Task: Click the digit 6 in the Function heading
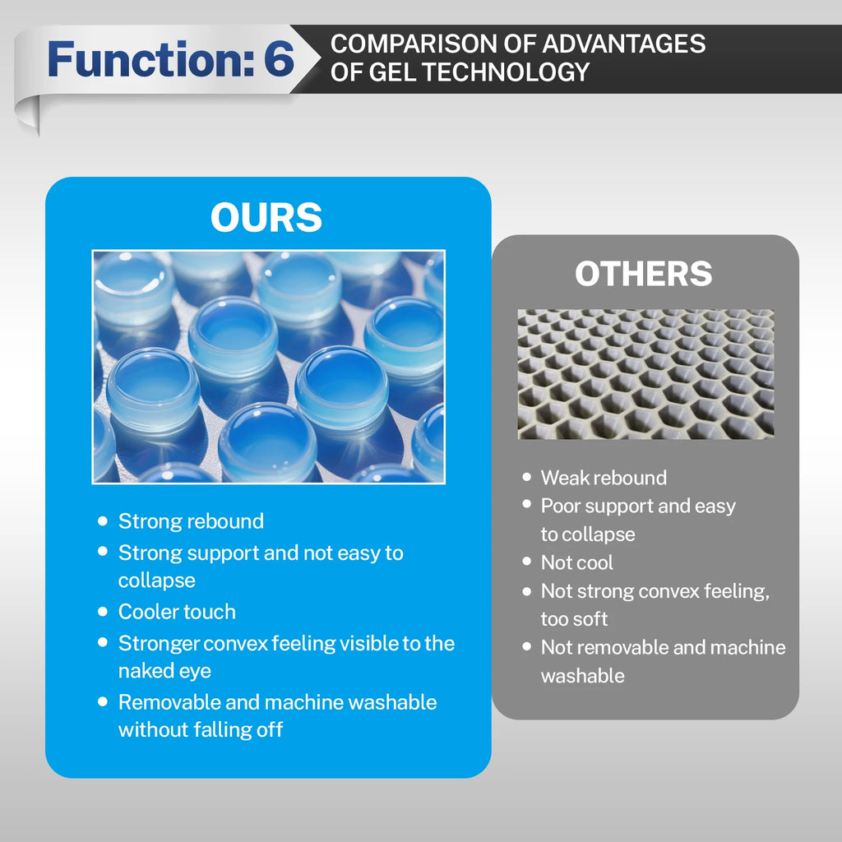pos(279,58)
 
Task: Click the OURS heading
pos(266,217)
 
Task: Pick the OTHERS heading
pos(643,273)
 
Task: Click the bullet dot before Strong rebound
pos(103,520)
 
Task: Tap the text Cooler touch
pos(177,612)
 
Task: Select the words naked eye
pos(164,671)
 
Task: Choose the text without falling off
pos(201,729)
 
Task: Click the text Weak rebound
pos(604,478)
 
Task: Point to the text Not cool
pos(576,562)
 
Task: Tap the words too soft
pos(574,619)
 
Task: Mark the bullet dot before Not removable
pos(527,646)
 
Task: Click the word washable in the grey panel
pos(583,676)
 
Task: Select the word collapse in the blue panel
pos(156,581)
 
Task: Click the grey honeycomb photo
pos(645,374)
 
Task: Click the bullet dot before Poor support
pos(527,504)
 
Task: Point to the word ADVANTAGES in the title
pos(624,44)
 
